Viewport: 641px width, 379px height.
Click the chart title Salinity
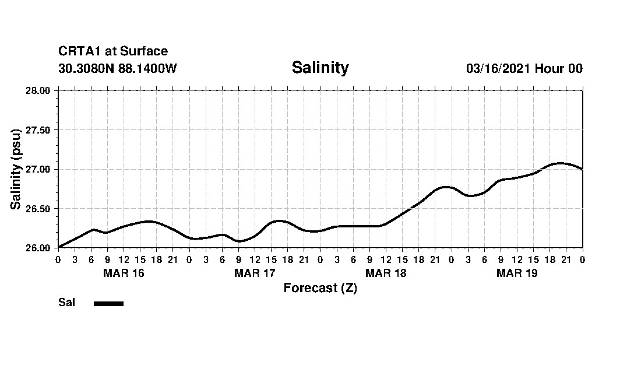pos(320,68)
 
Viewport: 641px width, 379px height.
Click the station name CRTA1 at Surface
pos(113,51)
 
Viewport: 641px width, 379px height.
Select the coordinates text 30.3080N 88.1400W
pos(117,68)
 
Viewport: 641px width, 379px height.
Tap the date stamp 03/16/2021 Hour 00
pos(524,68)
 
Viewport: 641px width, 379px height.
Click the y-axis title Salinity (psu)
pos(16,169)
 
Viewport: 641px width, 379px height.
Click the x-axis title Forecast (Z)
pos(320,288)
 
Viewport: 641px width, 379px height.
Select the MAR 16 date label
pos(124,273)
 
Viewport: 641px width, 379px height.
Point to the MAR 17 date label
pos(255,273)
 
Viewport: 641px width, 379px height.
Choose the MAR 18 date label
pos(386,273)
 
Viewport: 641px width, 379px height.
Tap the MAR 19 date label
pos(517,273)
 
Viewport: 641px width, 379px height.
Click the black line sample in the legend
pos(108,303)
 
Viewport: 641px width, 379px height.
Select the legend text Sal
pos(66,303)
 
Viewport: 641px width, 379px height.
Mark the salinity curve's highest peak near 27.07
pos(560,163)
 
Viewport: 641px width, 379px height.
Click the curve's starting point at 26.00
pos(59,247)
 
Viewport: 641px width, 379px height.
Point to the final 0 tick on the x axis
pos(583,259)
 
